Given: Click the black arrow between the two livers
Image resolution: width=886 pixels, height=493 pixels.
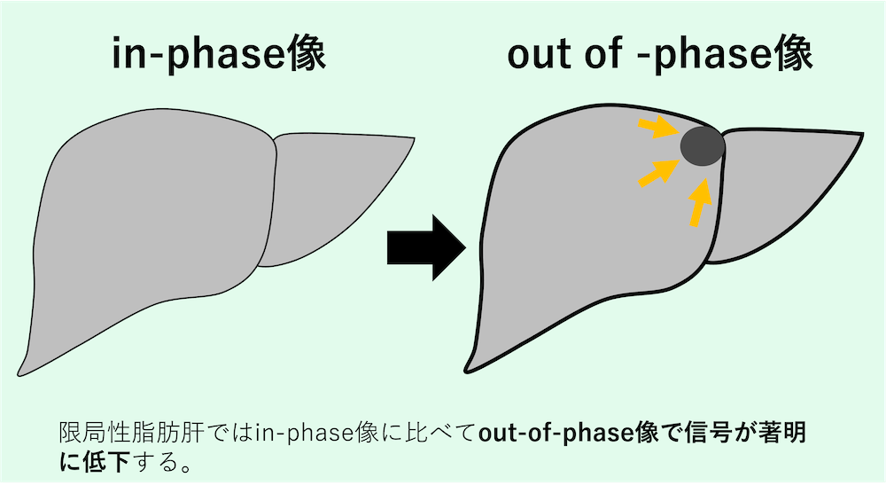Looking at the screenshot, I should click(x=426, y=247).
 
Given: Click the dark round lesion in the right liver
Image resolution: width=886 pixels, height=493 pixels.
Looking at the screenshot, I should click(x=703, y=146).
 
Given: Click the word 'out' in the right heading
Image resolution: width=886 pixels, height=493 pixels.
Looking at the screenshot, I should click(x=541, y=55).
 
